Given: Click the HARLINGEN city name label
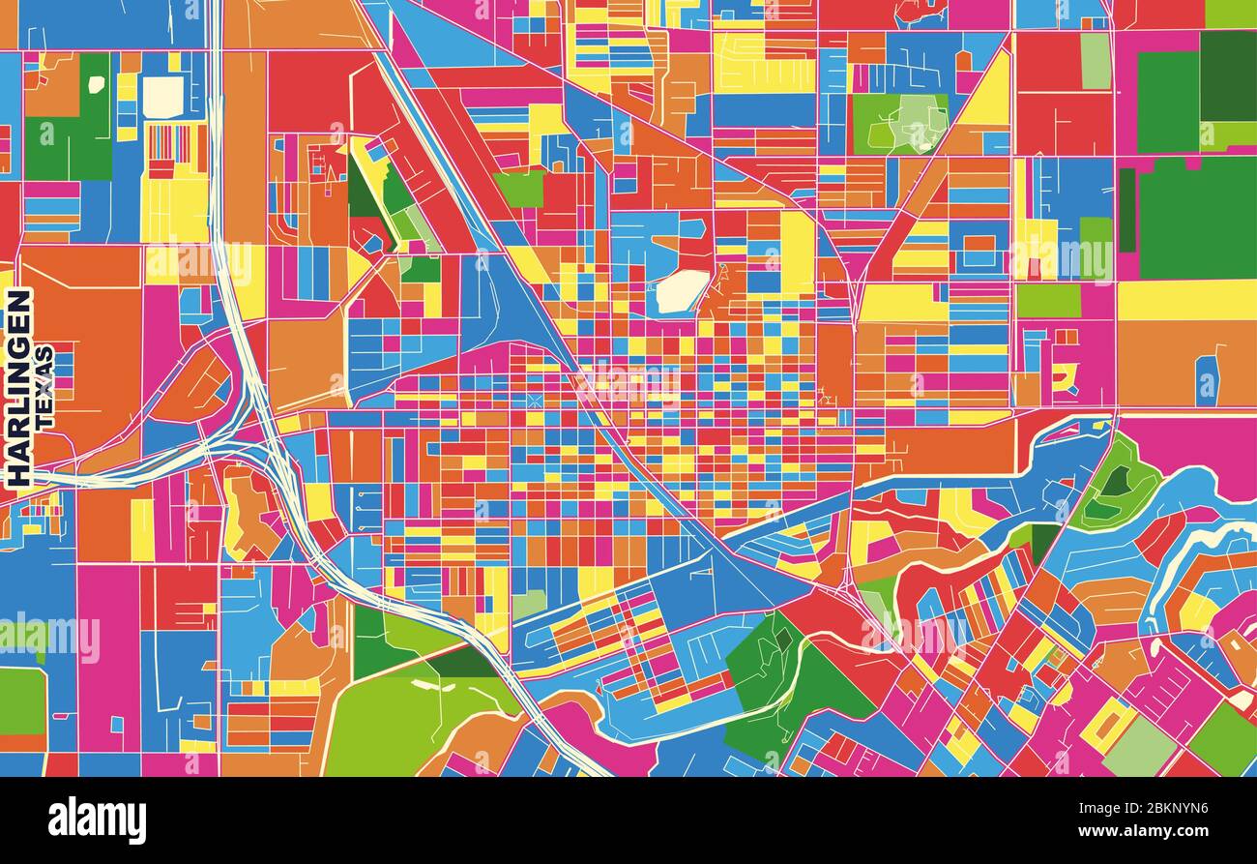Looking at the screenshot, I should pos(18,387).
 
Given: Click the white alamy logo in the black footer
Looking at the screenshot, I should pos(97,820).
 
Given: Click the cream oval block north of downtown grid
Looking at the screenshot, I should pos(683,290).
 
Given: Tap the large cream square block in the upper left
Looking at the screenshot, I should pos(162,96).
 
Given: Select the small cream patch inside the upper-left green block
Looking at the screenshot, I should pos(96,84).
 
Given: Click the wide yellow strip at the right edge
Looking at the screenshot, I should pos(1185,300).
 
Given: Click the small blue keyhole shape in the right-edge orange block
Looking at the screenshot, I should pos(1206,379).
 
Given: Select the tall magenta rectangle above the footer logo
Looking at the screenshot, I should pos(108,668).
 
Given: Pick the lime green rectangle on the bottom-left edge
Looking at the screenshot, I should pos(21,700).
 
